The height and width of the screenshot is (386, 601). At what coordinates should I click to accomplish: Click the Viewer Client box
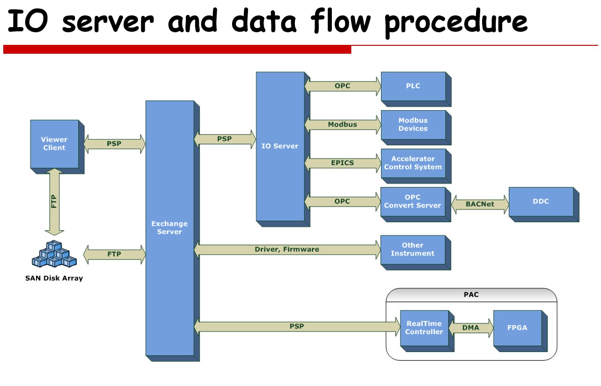[x=54, y=143]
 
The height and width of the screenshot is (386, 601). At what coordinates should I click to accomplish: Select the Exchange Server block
[x=169, y=228]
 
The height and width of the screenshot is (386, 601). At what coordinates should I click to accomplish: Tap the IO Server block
[x=280, y=146]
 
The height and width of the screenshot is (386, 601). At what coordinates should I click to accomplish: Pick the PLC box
[x=413, y=86]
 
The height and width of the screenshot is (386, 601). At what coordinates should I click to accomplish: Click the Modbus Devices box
[x=413, y=124]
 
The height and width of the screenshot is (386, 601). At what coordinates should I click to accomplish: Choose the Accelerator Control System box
[x=413, y=163]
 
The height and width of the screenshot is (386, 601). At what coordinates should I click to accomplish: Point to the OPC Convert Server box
[x=413, y=201]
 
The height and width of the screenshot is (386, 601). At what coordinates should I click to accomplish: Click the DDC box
[x=541, y=201]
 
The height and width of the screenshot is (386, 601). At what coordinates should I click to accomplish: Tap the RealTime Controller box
[x=424, y=328]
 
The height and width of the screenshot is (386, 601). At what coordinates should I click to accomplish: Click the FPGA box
[x=517, y=328]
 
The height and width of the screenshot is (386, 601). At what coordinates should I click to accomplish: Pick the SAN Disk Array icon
[x=54, y=255]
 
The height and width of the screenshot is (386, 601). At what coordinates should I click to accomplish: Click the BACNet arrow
[x=480, y=204]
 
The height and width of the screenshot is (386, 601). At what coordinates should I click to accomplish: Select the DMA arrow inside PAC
[x=471, y=328]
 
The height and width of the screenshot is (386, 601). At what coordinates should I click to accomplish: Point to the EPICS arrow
[x=343, y=163]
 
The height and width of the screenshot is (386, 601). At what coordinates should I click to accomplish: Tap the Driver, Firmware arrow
[x=287, y=250]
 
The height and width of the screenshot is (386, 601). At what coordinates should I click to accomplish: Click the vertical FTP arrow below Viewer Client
[x=54, y=202]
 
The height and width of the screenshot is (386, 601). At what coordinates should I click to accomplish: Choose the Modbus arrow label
[x=343, y=124]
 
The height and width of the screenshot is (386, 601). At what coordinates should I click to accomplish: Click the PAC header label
[x=471, y=295]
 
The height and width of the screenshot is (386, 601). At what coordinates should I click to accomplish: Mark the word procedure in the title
[x=456, y=22]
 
